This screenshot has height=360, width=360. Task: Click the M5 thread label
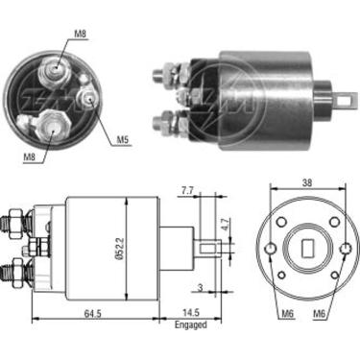pos(124,141)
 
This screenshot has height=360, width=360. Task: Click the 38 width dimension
pos(305,180)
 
